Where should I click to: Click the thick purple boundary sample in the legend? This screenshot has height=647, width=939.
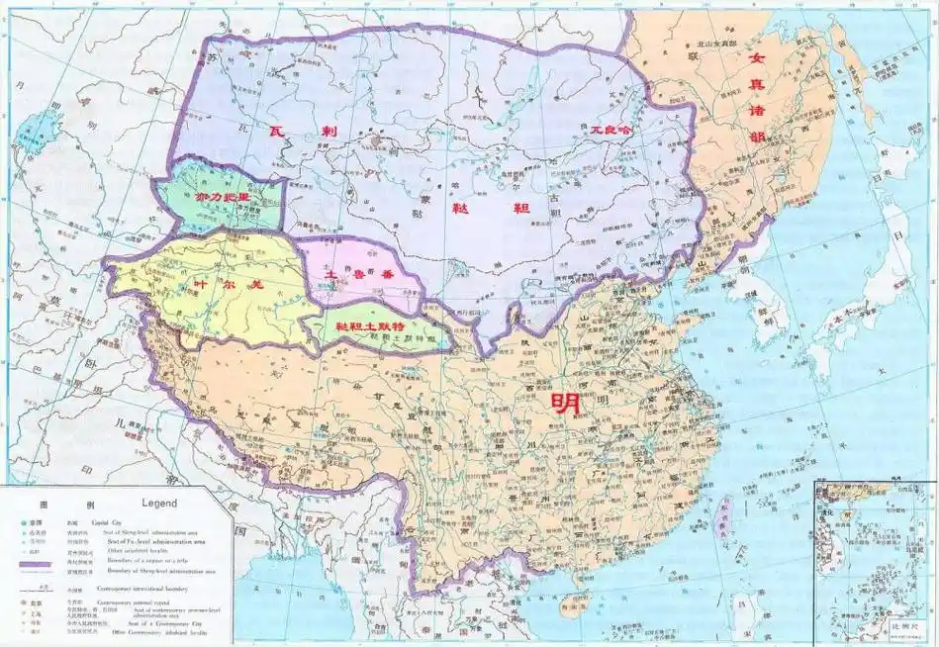pyautogui.click(x=43, y=564)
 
